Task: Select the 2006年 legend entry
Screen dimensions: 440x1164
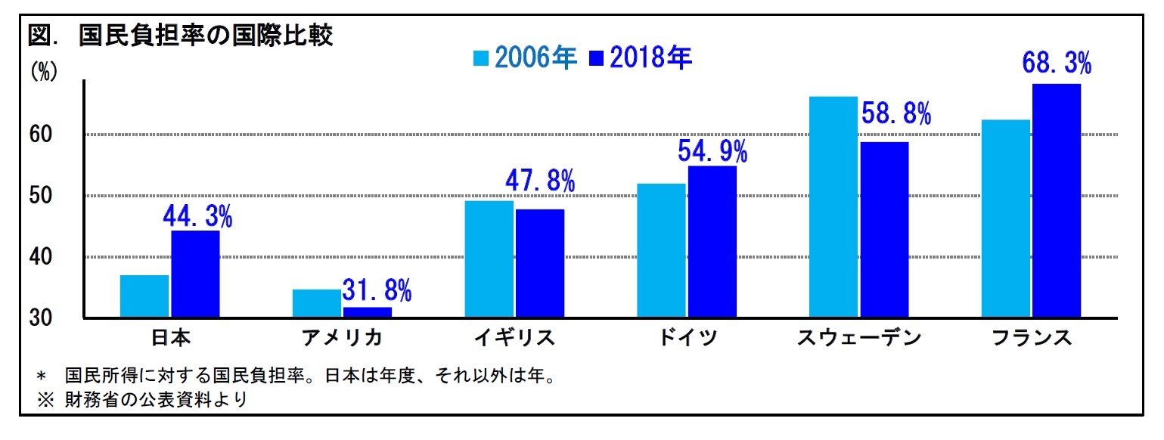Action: (526, 58)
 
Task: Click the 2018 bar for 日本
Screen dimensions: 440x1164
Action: (195, 274)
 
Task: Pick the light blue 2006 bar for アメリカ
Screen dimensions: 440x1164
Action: (316, 303)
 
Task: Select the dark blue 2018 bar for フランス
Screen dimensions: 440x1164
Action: (1056, 200)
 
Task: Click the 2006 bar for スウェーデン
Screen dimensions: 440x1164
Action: (833, 207)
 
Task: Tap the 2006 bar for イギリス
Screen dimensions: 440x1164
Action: (489, 259)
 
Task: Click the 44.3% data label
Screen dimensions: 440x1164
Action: (197, 218)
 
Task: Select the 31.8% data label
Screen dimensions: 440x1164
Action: (376, 289)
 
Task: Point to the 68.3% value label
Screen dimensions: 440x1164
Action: (1057, 64)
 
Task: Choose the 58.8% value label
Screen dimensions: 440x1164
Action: (896, 114)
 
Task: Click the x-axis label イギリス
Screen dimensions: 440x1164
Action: (514, 338)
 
